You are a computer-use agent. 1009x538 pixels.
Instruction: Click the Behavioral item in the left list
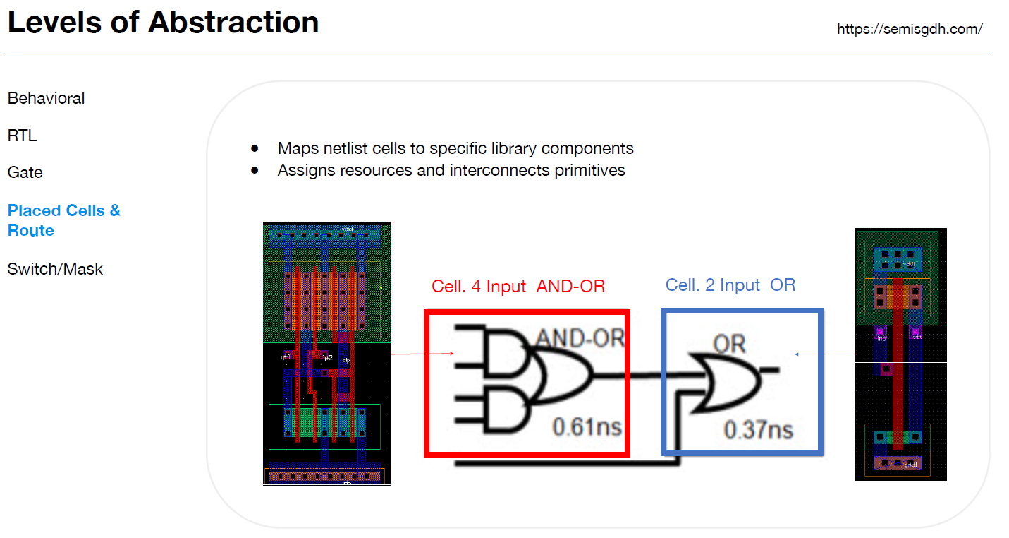pos(46,98)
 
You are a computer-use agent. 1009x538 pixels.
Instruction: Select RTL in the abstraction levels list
pos(22,136)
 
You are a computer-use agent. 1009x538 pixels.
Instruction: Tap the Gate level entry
pos(25,172)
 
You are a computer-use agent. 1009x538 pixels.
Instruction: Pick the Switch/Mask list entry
pos(55,269)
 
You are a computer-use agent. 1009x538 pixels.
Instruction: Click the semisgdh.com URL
pos(910,29)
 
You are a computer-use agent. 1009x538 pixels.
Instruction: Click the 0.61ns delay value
pos(587,426)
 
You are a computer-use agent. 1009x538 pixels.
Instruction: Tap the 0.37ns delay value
pos(758,429)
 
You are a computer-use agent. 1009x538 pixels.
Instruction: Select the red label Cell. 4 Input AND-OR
pos(518,286)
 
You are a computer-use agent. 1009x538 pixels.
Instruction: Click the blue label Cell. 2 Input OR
pos(730,285)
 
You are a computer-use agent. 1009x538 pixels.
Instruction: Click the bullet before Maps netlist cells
pos(255,149)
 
